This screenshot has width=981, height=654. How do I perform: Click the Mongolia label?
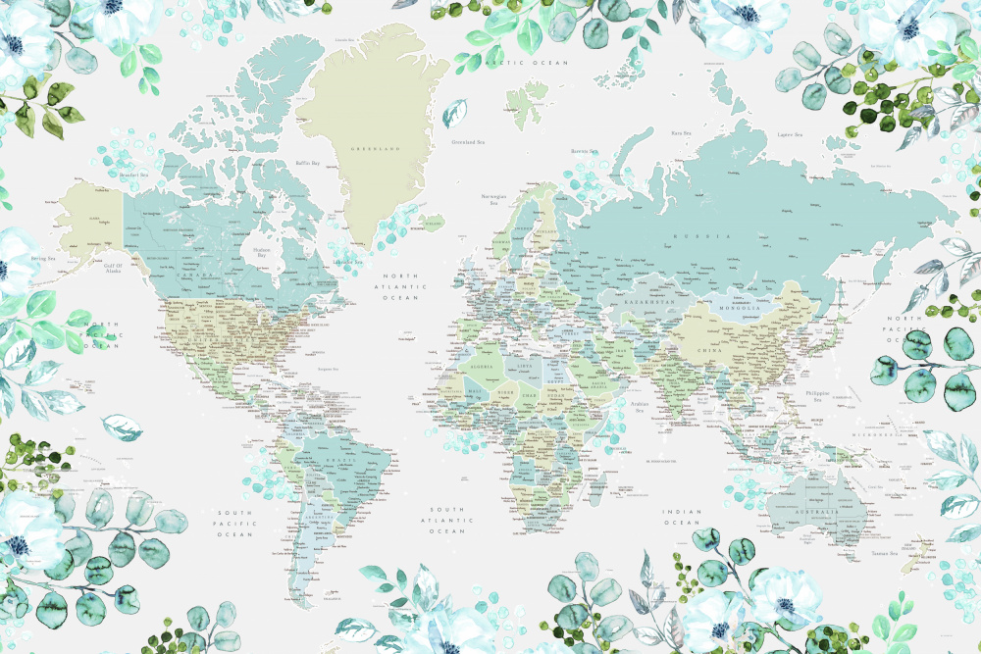pyautogui.click(x=745, y=307)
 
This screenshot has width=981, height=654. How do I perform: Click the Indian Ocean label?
pyautogui.click(x=683, y=518)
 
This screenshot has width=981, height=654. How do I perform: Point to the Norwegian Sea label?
pyautogui.click(x=493, y=199)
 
